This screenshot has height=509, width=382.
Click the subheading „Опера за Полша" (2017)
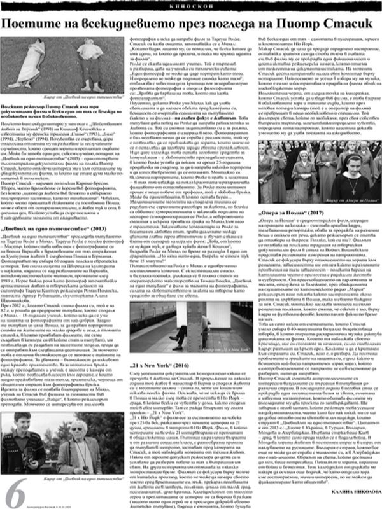click(293, 228)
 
